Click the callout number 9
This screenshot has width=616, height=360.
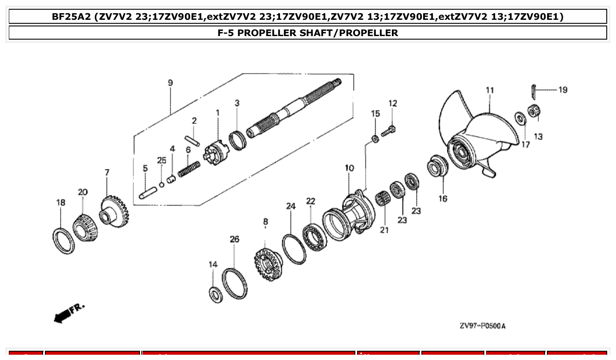tap(170, 83)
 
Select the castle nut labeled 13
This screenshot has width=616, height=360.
tap(534, 112)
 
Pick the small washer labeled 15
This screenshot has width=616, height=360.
tap(375, 139)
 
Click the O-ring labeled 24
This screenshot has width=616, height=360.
tap(294, 249)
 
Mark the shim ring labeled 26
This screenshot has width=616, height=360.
tap(234, 284)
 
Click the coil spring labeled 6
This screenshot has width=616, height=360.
tap(189, 169)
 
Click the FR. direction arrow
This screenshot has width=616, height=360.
tap(68, 313)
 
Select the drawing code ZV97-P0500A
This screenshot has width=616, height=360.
tap(483, 326)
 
